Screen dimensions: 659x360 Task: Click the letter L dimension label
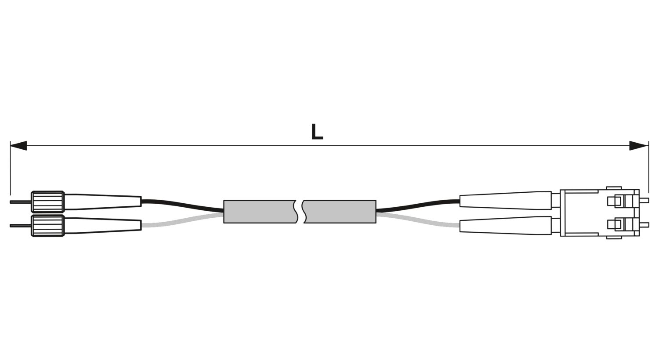pos(317,132)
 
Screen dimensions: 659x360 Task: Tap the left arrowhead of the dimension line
pos(18,145)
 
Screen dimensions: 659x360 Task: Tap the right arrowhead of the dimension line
pos(638,145)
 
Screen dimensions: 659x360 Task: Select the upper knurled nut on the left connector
pos(47,202)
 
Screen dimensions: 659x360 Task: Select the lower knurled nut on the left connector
pos(47,226)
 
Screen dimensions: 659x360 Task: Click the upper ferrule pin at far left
pos(21,202)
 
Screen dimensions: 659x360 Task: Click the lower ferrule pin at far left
pos(21,226)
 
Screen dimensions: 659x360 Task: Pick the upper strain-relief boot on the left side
pos(103,202)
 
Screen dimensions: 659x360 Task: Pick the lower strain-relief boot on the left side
pos(103,226)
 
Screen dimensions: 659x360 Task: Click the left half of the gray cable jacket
pos(260,212)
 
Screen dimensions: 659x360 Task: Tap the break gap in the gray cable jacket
pos(301,212)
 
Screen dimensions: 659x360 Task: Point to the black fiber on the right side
pos(418,205)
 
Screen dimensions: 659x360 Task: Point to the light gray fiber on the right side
pos(418,220)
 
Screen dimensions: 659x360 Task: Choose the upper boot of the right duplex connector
pos(505,201)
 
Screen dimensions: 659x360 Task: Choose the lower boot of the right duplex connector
pos(505,226)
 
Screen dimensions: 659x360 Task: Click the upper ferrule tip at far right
pos(645,201)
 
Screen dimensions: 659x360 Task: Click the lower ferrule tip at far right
pos(645,225)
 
